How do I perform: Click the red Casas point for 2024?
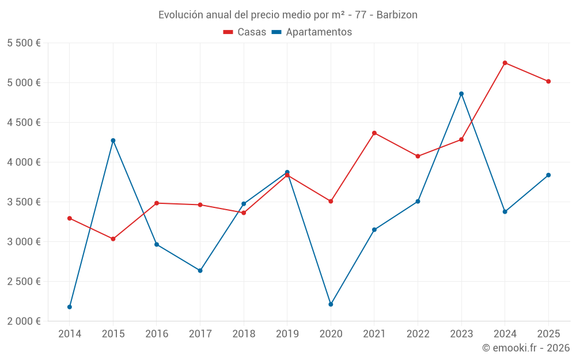click(x=505, y=63)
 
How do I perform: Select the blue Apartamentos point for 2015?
click(x=113, y=141)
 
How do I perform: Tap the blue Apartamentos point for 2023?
click(x=461, y=94)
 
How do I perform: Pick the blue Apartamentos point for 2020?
click(x=331, y=304)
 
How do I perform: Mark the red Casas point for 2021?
click(x=374, y=133)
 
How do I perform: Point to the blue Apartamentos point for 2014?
click(x=70, y=307)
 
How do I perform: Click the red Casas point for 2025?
click(x=548, y=81)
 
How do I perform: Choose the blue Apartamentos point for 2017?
click(x=200, y=271)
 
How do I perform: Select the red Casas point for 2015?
click(x=113, y=239)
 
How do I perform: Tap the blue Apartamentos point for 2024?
click(x=505, y=212)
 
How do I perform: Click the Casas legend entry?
click(x=245, y=32)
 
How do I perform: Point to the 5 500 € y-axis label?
click(x=24, y=43)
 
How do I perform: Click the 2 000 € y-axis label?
click(x=24, y=321)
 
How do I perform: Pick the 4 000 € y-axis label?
click(x=24, y=162)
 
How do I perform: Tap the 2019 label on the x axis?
click(x=287, y=334)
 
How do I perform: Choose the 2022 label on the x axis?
click(x=418, y=334)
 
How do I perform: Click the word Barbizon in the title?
click(x=397, y=14)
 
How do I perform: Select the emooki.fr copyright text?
click(x=526, y=348)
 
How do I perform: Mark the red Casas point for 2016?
click(x=157, y=203)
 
